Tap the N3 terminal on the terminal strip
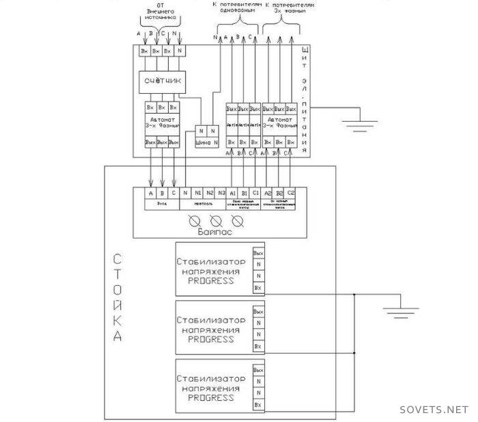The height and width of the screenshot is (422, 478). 222,193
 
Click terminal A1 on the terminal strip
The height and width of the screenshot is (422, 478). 233,193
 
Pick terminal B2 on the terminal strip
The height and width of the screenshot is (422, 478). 279,193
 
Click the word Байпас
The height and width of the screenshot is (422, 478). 215,233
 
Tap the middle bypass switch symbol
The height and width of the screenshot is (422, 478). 216,221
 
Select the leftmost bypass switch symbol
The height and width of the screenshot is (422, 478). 194,221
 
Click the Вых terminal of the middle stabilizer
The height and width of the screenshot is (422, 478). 258,312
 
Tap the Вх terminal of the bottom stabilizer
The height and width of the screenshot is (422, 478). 258,406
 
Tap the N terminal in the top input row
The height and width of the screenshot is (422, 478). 180,51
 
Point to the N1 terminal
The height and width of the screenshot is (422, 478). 197,193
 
